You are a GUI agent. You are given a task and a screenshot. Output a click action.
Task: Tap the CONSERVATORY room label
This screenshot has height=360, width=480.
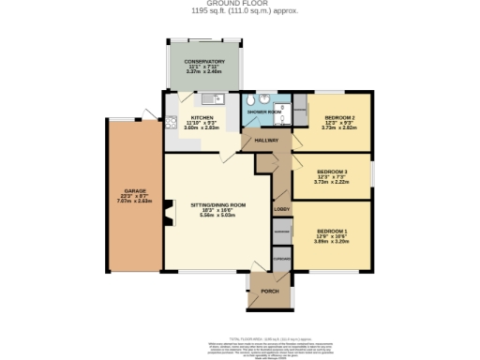(x=204, y=62)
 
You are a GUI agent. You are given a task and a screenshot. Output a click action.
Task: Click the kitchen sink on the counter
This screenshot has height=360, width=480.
(x=206, y=98)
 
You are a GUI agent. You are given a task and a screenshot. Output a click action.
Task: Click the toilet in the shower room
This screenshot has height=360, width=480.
(x=265, y=102)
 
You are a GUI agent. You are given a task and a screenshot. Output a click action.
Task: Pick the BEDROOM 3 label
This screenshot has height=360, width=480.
(x=332, y=172)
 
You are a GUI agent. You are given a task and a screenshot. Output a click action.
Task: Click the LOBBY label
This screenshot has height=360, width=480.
(x=280, y=211)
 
